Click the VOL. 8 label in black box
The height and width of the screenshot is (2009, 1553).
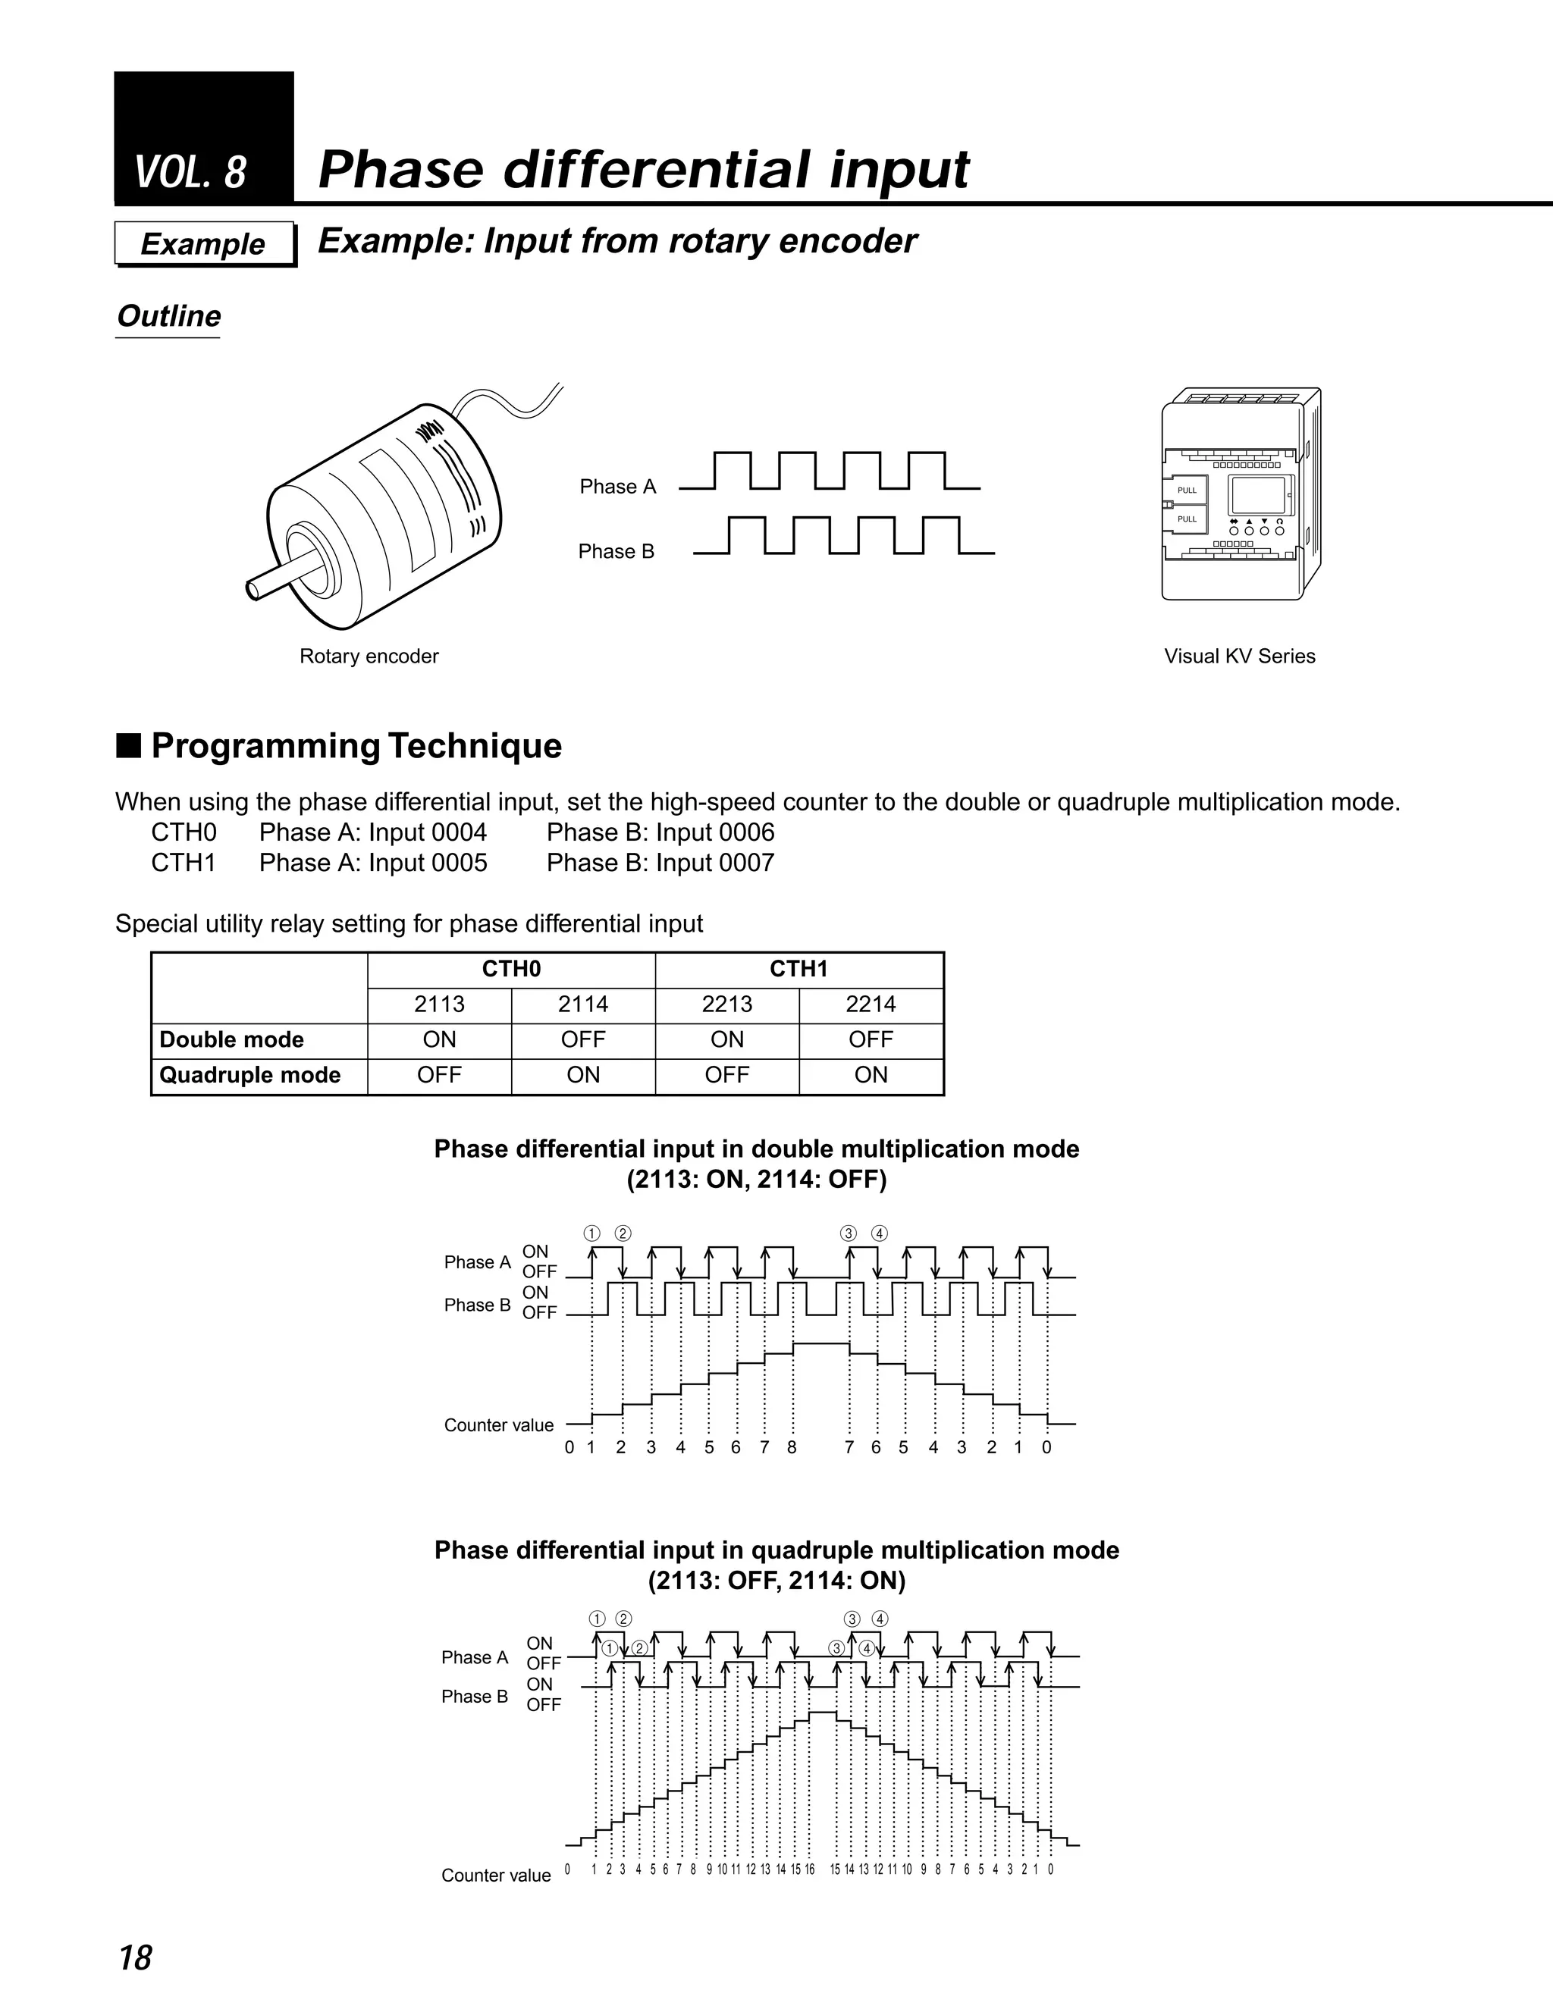[190, 172]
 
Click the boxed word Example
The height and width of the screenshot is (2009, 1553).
[202, 244]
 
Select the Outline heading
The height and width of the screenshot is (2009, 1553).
[168, 316]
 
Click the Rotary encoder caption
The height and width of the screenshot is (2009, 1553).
[369, 656]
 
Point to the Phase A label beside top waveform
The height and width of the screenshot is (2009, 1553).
[617, 487]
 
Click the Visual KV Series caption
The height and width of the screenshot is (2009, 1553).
[1239, 656]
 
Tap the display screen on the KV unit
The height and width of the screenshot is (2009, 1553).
[1258, 496]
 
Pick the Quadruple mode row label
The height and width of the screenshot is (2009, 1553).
[250, 1075]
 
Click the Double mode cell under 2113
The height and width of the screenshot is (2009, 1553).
[439, 1039]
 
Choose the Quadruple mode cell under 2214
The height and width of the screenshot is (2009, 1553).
[871, 1075]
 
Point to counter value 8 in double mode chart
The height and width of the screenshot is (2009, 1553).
[791, 1447]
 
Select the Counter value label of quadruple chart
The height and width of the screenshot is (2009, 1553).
[496, 1876]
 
